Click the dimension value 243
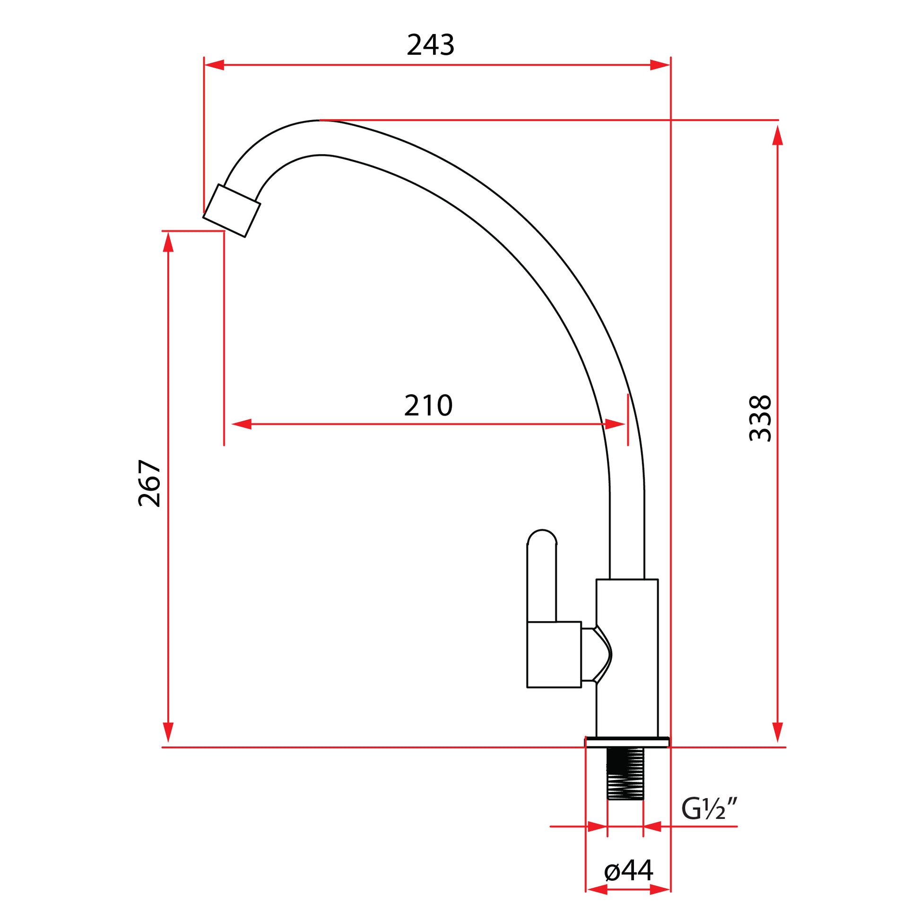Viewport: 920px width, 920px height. (431, 45)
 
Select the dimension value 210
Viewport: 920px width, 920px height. (428, 405)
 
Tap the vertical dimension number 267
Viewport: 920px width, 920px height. (149, 483)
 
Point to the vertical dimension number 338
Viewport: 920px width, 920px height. (760, 418)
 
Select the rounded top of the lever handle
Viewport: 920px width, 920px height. (542, 537)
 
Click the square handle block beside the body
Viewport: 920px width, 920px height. (554, 654)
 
